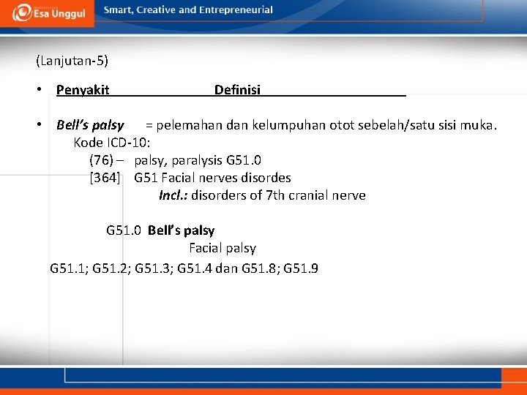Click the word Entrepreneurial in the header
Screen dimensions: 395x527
tap(236, 10)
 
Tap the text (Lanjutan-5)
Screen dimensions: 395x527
tap(71, 61)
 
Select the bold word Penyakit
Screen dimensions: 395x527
tap(83, 90)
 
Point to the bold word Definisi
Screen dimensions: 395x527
tap(237, 90)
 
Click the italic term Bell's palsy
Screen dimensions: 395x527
tap(90, 125)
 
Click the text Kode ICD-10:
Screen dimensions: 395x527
tap(112, 143)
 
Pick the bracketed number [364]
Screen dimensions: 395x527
tap(105, 178)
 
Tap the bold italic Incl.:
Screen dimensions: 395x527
tap(174, 195)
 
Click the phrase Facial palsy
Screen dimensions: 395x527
tap(223, 248)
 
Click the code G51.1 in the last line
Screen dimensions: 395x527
tap(68, 268)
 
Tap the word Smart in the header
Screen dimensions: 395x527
tap(119, 10)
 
